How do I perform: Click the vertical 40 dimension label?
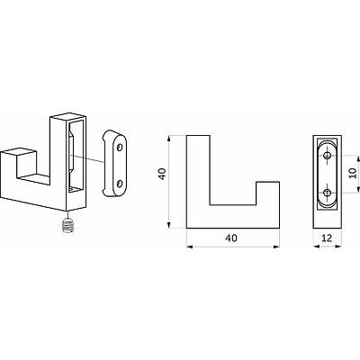pyautogui.click(x=162, y=174)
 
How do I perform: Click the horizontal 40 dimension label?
pyautogui.click(x=231, y=238)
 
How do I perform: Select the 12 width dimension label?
pyautogui.click(x=327, y=238)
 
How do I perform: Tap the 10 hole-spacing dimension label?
pyautogui.click(x=353, y=173)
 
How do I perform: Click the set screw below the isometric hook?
pyautogui.click(x=68, y=226)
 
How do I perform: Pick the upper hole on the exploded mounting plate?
pyautogui.click(x=120, y=148)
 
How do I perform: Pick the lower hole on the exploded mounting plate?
pyautogui.click(x=120, y=184)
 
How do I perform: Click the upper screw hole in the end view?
pyautogui.click(x=327, y=155)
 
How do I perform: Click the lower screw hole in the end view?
pyautogui.click(x=327, y=193)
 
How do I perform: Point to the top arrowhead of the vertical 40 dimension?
pyautogui.click(x=169, y=139)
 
